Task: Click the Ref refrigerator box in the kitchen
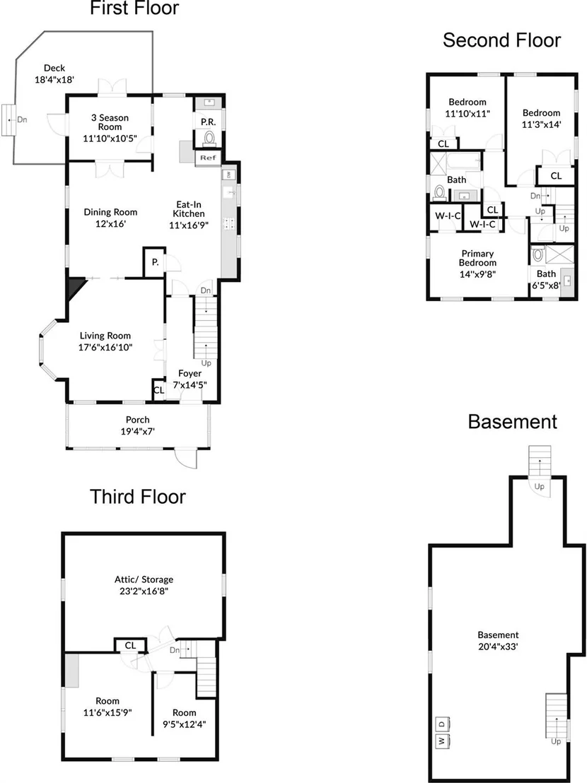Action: (x=208, y=158)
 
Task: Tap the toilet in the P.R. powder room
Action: (x=209, y=137)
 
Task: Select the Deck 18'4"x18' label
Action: (x=54, y=73)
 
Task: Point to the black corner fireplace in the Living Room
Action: (x=76, y=288)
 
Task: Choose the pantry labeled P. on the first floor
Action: (x=156, y=261)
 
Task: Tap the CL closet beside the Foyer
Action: (x=159, y=390)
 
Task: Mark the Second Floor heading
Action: (x=501, y=40)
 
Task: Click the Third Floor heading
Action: (x=137, y=497)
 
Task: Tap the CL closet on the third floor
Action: (x=130, y=645)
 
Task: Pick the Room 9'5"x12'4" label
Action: (x=185, y=718)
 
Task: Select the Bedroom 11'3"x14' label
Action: (x=542, y=118)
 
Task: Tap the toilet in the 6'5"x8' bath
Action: (x=538, y=254)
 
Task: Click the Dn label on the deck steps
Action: (x=22, y=120)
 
